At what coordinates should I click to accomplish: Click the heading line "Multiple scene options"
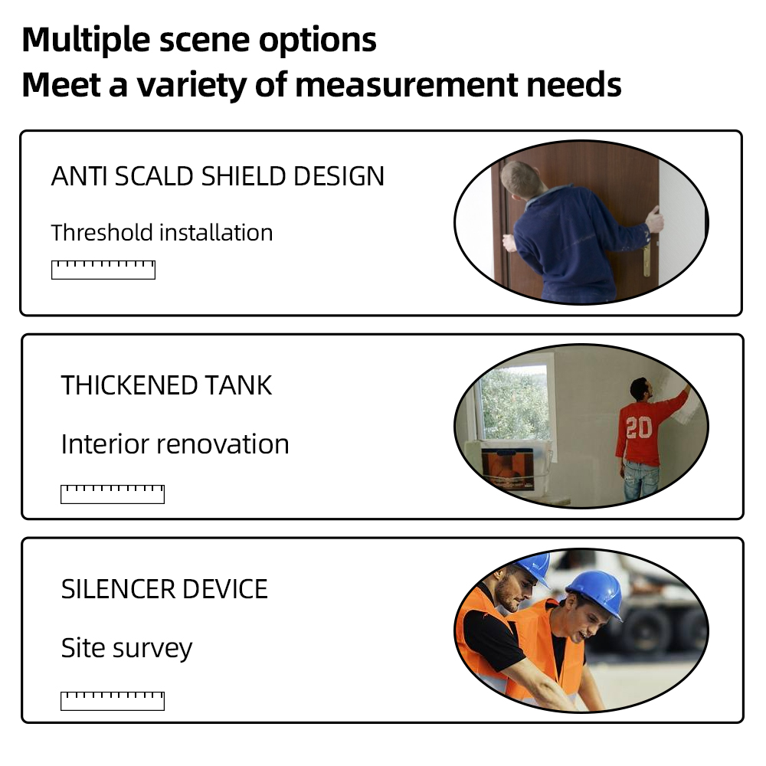[199, 40]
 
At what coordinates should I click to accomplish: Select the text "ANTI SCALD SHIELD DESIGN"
[218, 177]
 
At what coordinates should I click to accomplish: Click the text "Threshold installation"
[162, 232]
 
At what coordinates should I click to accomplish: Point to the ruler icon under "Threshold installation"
[103, 270]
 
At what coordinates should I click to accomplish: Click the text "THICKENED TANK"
[166, 385]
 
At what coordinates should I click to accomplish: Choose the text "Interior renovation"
[175, 444]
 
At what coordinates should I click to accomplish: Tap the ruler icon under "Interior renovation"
[113, 494]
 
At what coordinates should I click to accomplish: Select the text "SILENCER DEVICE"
[164, 589]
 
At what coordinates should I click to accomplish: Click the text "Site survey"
[126, 648]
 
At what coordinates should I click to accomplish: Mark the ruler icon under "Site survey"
[113, 700]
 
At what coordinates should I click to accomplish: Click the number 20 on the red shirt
[638, 427]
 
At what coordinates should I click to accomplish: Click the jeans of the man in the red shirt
[640, 481]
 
